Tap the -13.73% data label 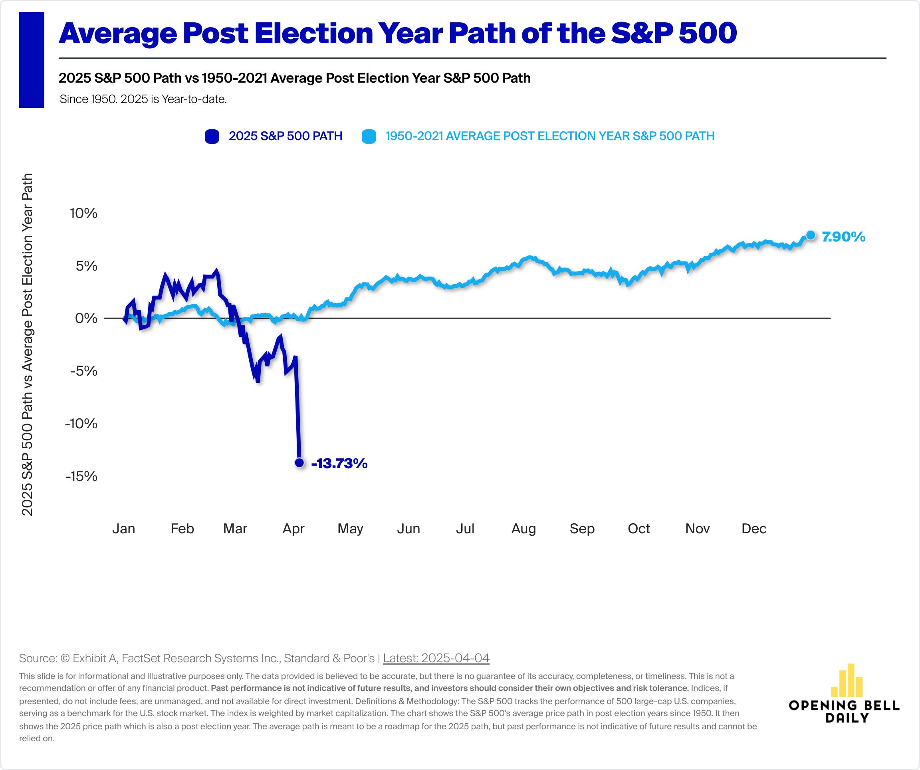pos(339,463)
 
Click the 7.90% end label pos(843,237)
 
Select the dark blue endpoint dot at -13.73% pos(299,463)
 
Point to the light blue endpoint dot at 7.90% pos(811,235)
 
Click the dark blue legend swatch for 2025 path pos(212,136)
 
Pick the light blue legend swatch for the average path pos(369,136)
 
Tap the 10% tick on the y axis pos(83,213)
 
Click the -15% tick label pos(81,476)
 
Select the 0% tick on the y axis pos(86,318)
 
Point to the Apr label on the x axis pos(293,529)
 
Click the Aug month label pos(523,529)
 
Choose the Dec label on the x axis pos(753,529)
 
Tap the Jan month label pos(123,529)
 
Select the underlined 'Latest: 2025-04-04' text pos(436,658)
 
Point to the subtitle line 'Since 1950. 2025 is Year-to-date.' pos(143,99)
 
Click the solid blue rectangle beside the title pos(32,59)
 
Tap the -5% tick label pos(84,371)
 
